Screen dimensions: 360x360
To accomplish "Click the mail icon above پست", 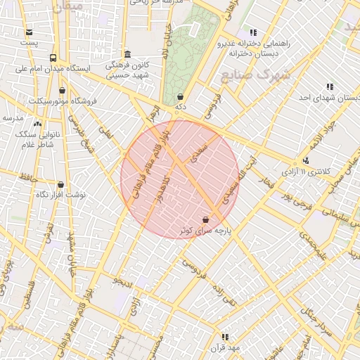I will (28, 32).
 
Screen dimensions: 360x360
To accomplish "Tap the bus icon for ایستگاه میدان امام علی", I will (53, 58).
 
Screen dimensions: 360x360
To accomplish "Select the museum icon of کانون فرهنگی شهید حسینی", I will (127, 54).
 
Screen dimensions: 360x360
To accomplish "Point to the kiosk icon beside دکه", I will (181, 97).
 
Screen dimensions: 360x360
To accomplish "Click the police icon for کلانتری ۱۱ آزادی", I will (305, 161).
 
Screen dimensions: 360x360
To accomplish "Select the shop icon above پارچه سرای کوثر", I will (205, 219).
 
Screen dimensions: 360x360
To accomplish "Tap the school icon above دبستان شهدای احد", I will (330, 86).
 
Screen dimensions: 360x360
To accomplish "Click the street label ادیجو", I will (123, 282).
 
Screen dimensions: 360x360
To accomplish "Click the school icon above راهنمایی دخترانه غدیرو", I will (252, 32).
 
